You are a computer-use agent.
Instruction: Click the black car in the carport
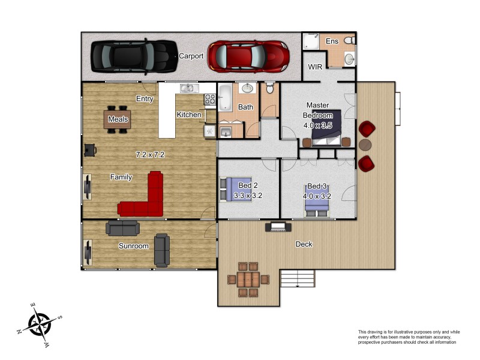pos(134,56)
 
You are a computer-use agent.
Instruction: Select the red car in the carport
pos(248,56)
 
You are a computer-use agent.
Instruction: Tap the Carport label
pos(191,56)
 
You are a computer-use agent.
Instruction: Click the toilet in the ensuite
pos(350,40)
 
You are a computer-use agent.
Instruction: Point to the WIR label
pos(315,67)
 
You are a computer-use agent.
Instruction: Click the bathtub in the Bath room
pos(226,97)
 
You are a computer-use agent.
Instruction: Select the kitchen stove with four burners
pos(210,99)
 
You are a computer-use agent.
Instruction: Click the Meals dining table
pos(118,119)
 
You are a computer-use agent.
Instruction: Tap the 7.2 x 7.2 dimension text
pos(150,155)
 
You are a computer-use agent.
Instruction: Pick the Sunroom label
pos(133,246)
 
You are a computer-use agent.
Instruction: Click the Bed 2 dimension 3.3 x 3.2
pos(248,196)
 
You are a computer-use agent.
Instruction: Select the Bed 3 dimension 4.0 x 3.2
pos(317,196)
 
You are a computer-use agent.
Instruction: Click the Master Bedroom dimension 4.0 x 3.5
pos(318,125)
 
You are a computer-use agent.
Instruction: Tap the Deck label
pos(304,244)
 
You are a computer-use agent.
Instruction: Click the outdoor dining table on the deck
pos(248,280)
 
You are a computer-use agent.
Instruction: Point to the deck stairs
pos(298,278)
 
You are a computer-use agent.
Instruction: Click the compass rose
pos(40,325)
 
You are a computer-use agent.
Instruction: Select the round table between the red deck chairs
pos(365,145)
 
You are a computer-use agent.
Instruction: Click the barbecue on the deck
pos(278,227)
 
